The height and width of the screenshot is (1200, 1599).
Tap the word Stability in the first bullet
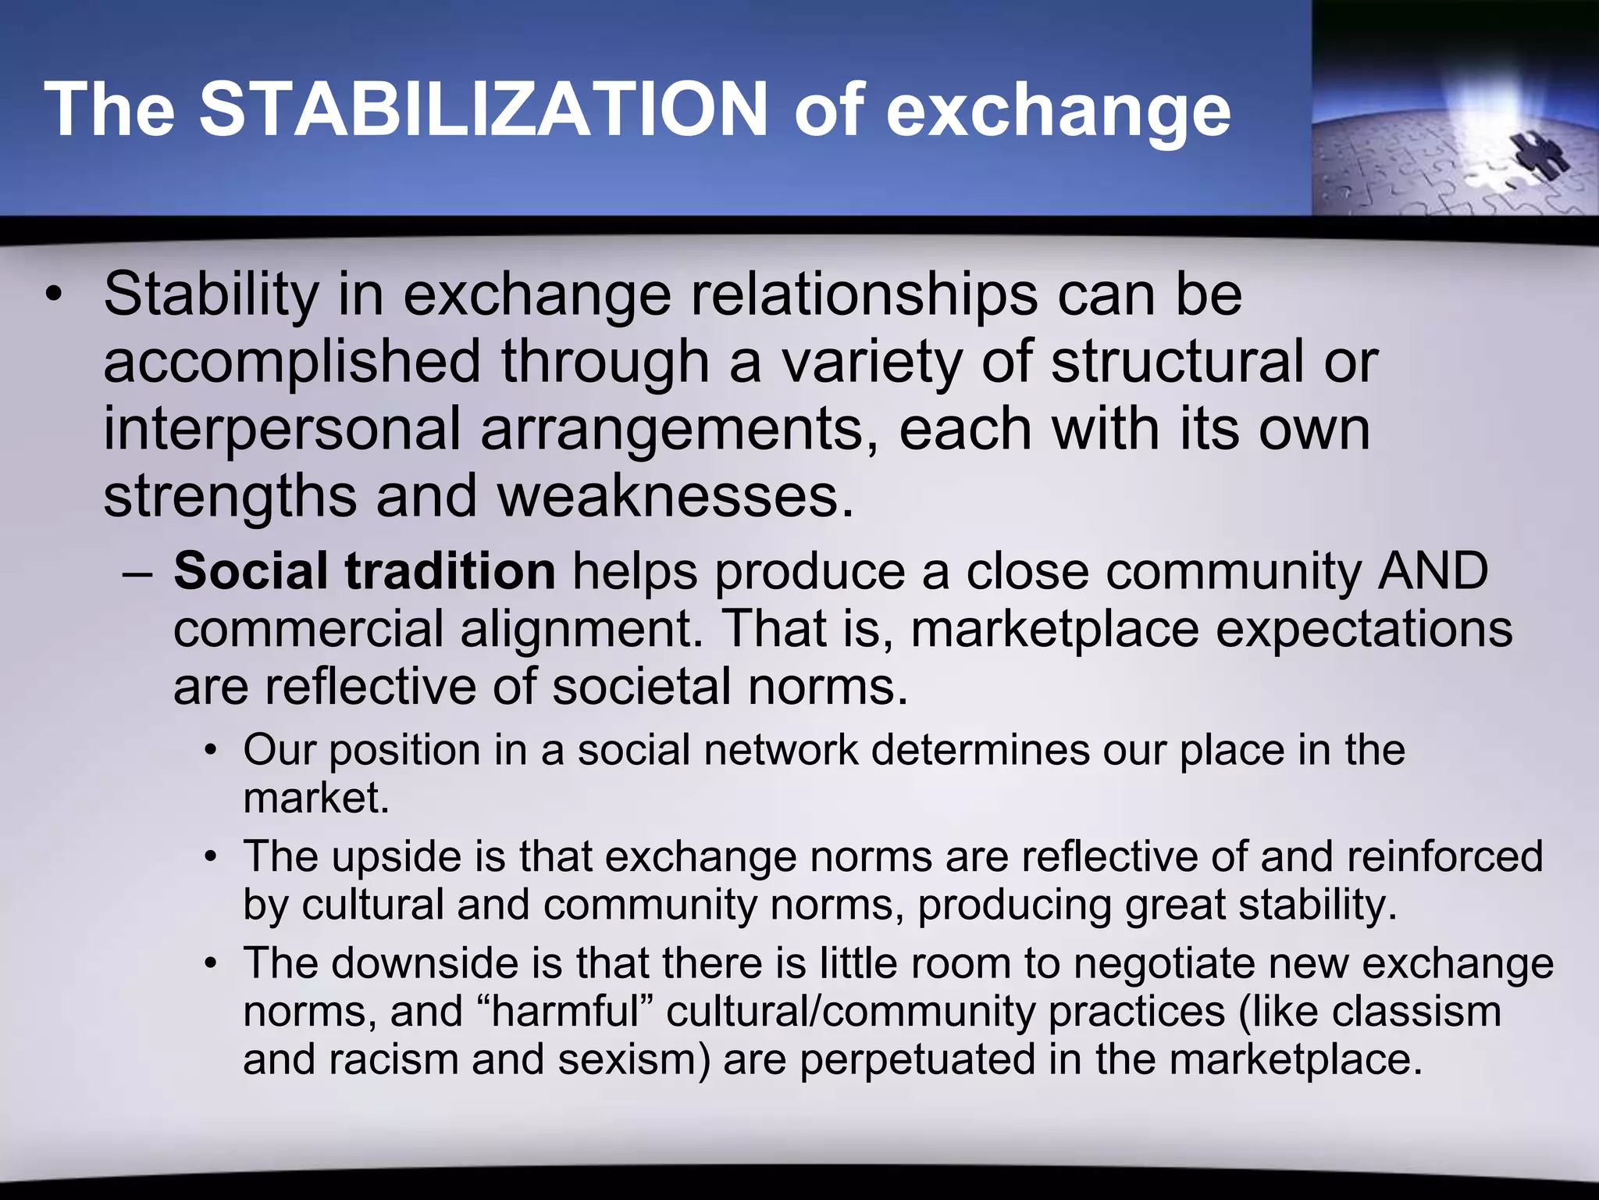point(211,295)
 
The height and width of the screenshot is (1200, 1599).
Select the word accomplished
point(292,362)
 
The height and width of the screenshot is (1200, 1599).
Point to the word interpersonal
point(282,430)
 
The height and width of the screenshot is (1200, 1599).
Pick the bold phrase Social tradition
point(364,571)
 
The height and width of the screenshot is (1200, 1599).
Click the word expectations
point(1363,629)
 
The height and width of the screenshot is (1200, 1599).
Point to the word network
point(781,750)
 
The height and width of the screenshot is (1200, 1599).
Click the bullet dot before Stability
point(52,297)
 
